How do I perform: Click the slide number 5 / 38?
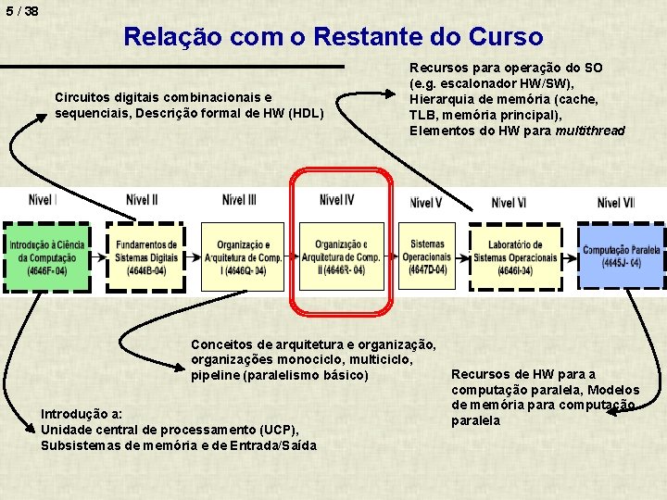19,11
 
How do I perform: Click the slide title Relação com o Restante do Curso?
333,37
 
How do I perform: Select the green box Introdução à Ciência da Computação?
47,256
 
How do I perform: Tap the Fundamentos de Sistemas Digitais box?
146,256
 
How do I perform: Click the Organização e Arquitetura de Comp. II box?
340,256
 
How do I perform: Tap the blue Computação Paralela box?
621,256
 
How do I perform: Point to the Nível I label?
43,199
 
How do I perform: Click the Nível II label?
142,199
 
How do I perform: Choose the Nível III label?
239,199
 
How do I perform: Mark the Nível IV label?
336,199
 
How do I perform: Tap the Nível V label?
425,202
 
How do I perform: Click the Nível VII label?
616,202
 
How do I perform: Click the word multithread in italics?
590,131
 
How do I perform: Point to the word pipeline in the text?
216,376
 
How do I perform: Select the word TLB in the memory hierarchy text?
424,115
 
